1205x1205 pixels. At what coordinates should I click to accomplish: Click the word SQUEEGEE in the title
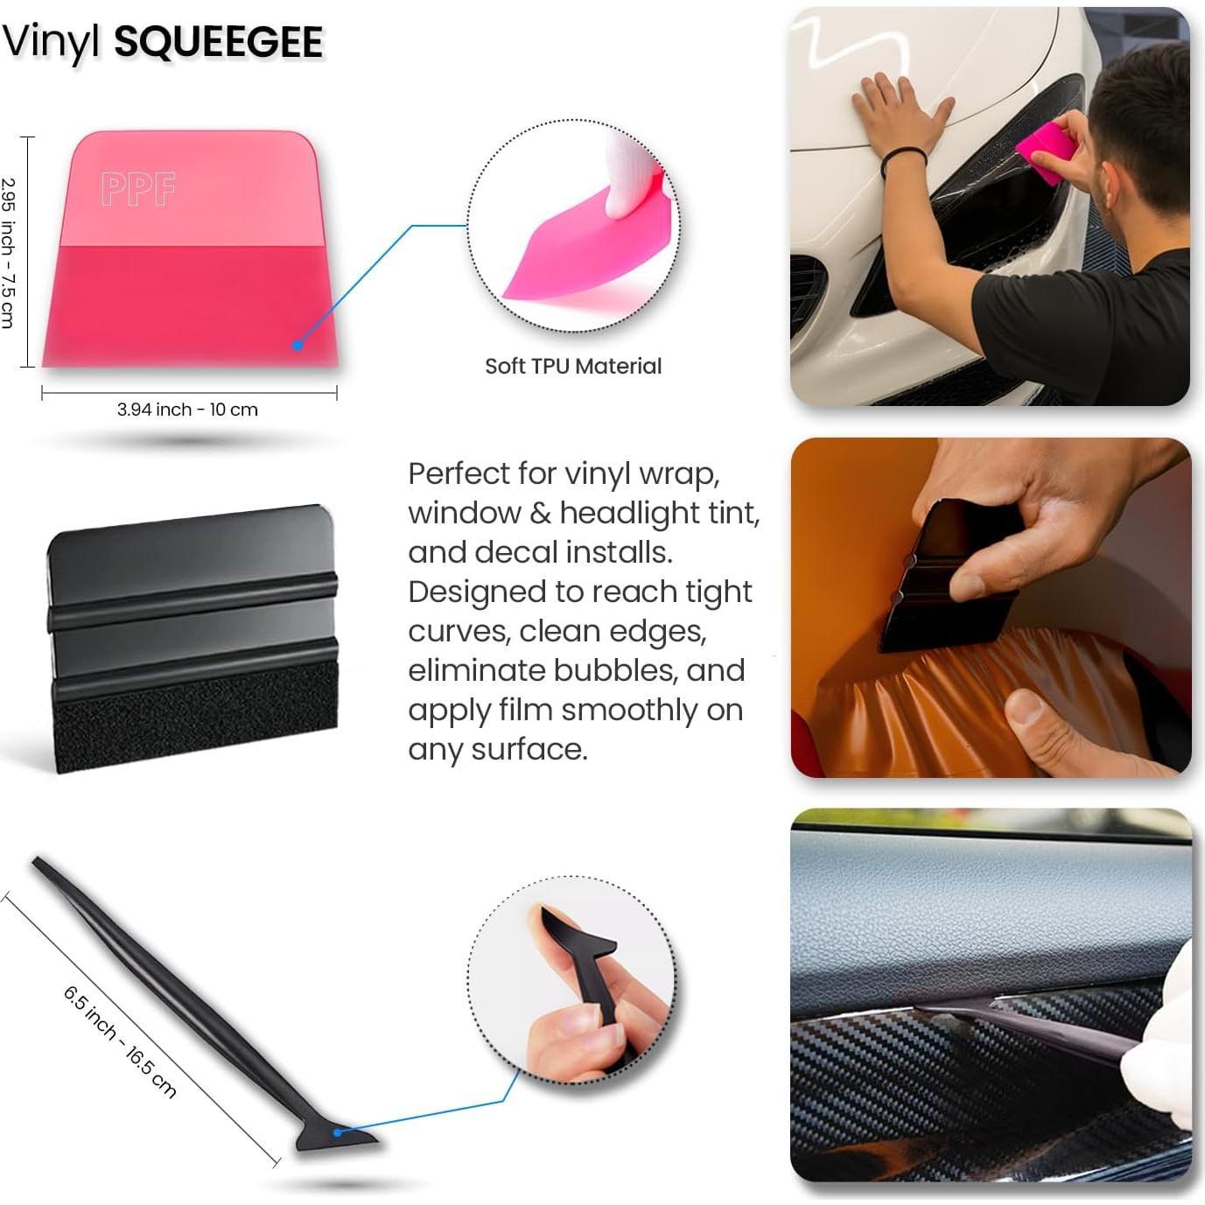[x=219, y=42]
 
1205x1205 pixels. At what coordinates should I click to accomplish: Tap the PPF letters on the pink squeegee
[x=138, y=189]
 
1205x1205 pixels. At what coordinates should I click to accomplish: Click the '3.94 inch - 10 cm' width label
[x=187, y=410]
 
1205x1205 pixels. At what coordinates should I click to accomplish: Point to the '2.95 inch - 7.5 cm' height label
[x=8, y=253]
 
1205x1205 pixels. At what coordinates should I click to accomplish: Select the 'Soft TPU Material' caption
[x=573, y=366]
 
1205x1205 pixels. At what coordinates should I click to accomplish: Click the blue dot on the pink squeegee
[x=298, y=346]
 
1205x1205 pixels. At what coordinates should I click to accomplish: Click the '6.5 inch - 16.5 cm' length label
[x=120, y=1041]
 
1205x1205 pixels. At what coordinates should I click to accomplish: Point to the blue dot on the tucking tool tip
[x=338, y=1132]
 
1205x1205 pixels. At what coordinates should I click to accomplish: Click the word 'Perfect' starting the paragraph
[x=459, y=473]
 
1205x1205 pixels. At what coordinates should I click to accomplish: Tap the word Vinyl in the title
[x=52, y=42]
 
